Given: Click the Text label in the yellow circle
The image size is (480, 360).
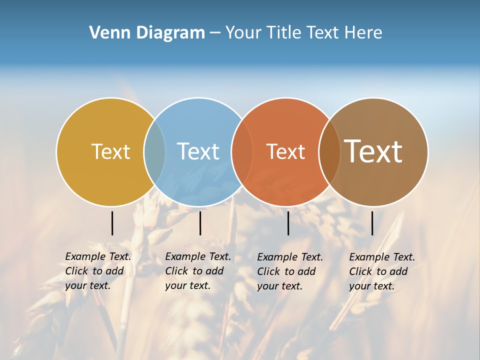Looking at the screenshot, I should click(110, 151).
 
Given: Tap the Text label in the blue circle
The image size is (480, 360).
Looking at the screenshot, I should click(198, 151).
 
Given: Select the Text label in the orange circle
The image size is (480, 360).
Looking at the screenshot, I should click(285, 151).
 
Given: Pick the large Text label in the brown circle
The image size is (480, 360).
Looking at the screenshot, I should click(373, 151).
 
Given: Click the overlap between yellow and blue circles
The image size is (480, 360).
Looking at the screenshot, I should click(154, 151).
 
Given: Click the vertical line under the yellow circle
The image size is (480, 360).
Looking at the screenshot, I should click(112, 223).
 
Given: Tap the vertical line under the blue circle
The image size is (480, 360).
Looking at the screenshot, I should click(200, 223).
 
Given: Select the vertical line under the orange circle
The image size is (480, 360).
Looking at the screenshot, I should click(288, 223).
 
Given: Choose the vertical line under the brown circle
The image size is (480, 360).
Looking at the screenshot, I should click(372, 223).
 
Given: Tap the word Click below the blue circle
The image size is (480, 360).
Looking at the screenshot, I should click(176, 271).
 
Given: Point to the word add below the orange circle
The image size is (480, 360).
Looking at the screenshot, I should click(306, 271).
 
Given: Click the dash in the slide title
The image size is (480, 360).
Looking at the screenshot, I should click(215, 33).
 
